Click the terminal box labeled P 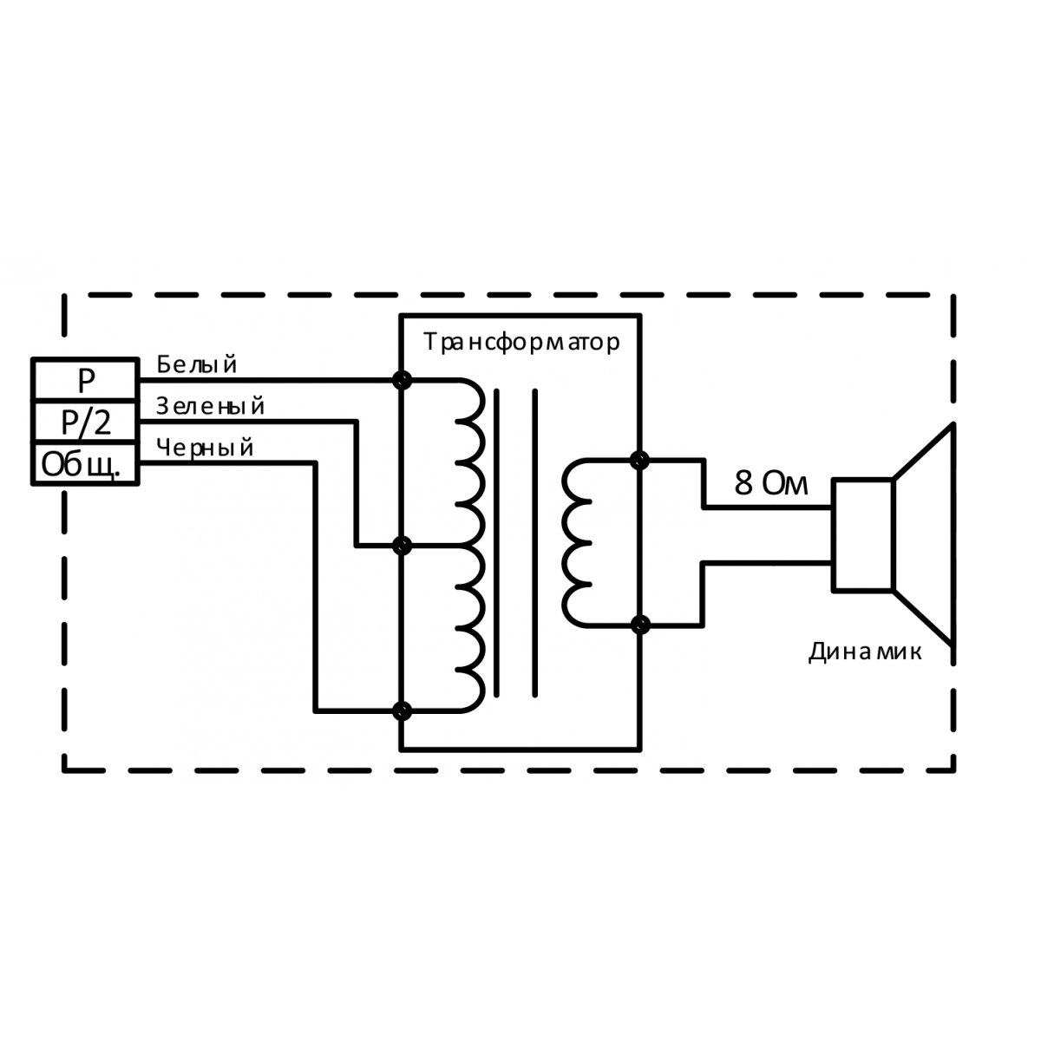(x=84, y=379)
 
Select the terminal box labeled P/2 (x=84, y=422)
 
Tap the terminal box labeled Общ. (x=84, y=466)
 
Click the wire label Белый (x=197, y=364)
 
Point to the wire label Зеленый (x=211, y=406)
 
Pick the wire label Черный (x=206, y=448)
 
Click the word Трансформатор (x=522, y=342)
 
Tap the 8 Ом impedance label (x=770, y=484)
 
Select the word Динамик (x=865, y=651)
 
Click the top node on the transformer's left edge (x=402, y=380)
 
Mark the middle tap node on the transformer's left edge (x=402, y=546)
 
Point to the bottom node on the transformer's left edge (x=402, y=711)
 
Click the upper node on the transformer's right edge (x=641, y=460)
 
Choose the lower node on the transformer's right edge (x=641, y=625)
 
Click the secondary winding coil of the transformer (x=578, y=542)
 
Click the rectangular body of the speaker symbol (x=862, y=534)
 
